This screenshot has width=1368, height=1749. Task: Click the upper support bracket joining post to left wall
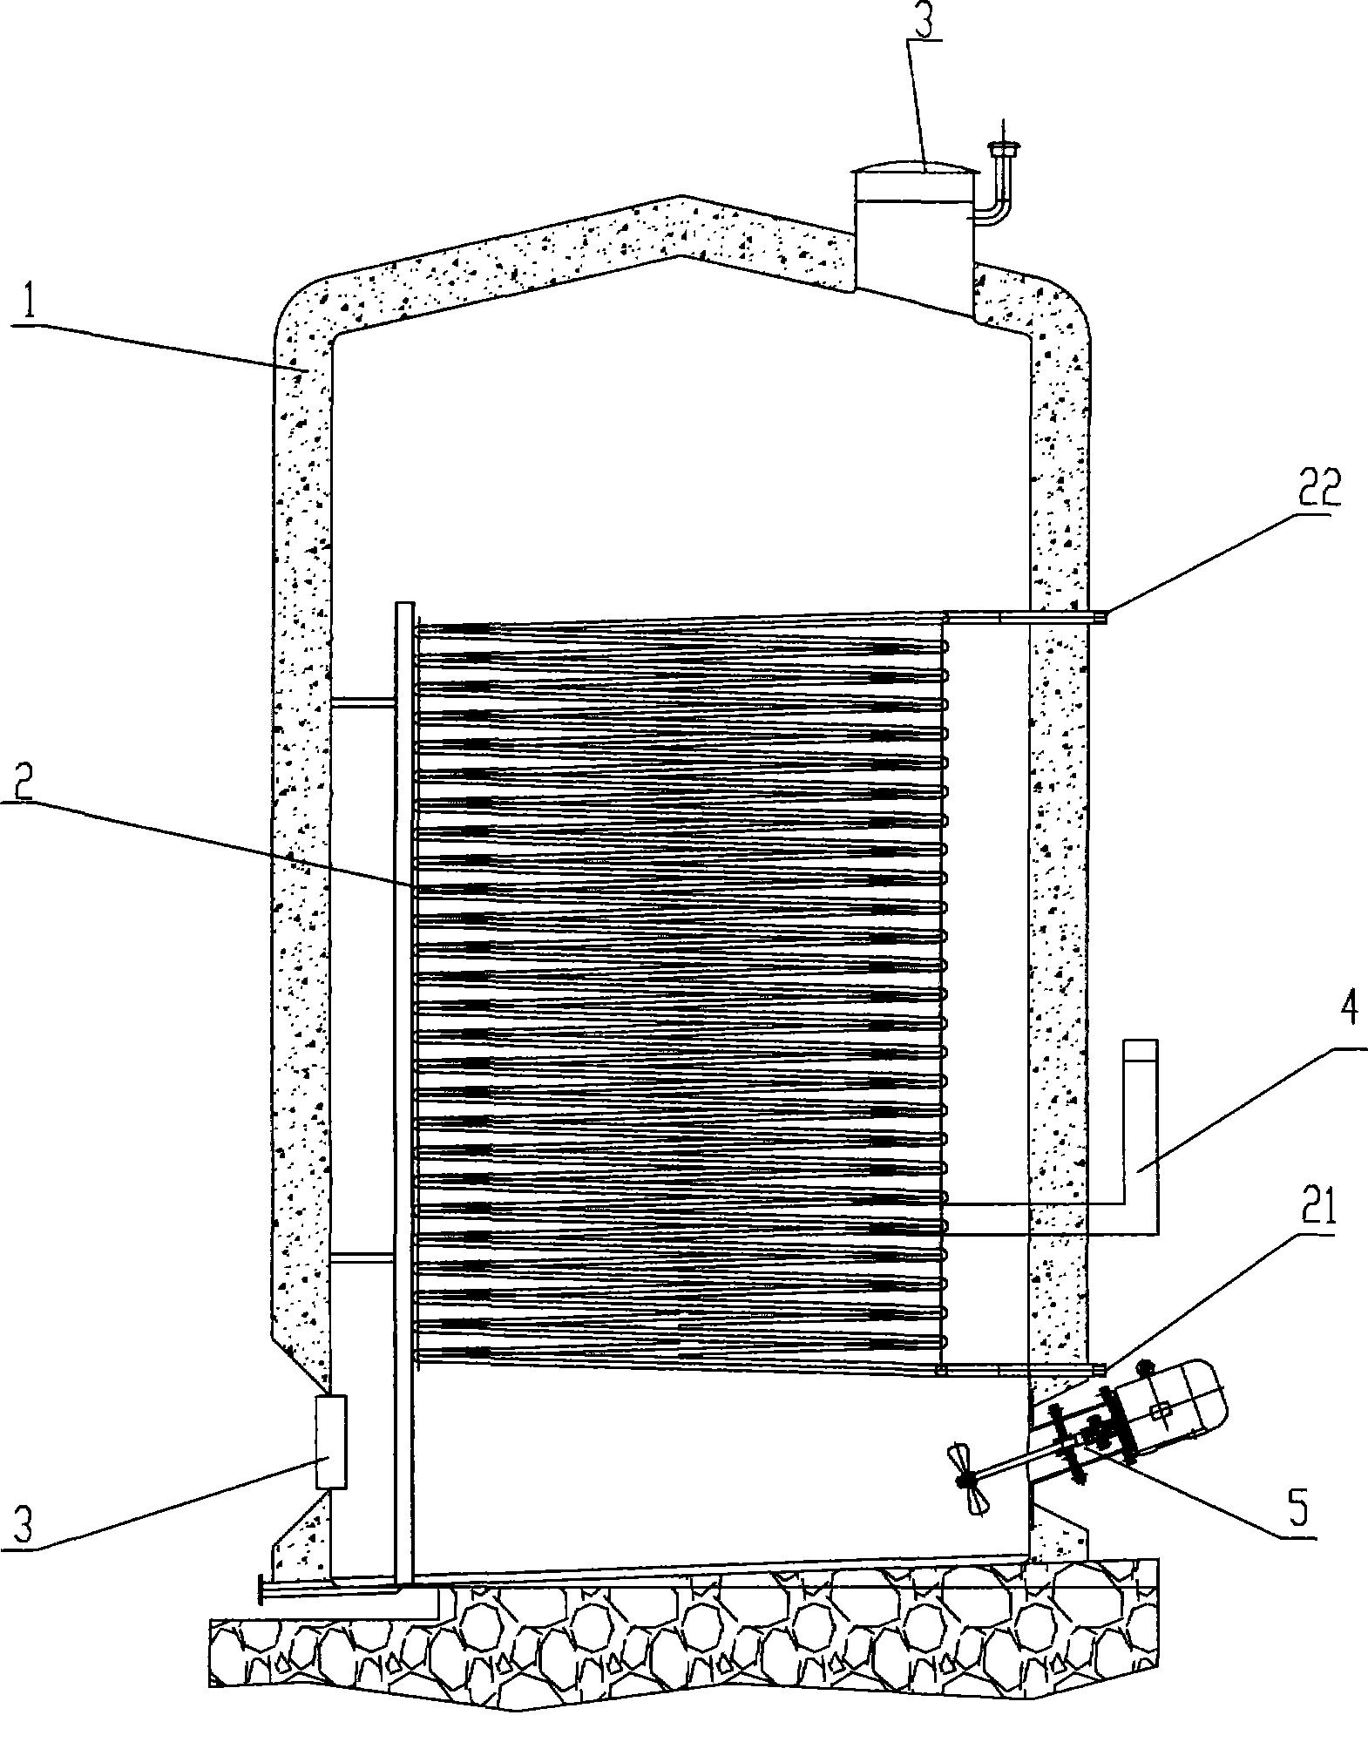(x=363, y=701)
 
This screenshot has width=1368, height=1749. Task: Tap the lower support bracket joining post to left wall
(x=363, y=1256)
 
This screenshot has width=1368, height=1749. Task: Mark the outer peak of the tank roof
(x=682, y=195)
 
